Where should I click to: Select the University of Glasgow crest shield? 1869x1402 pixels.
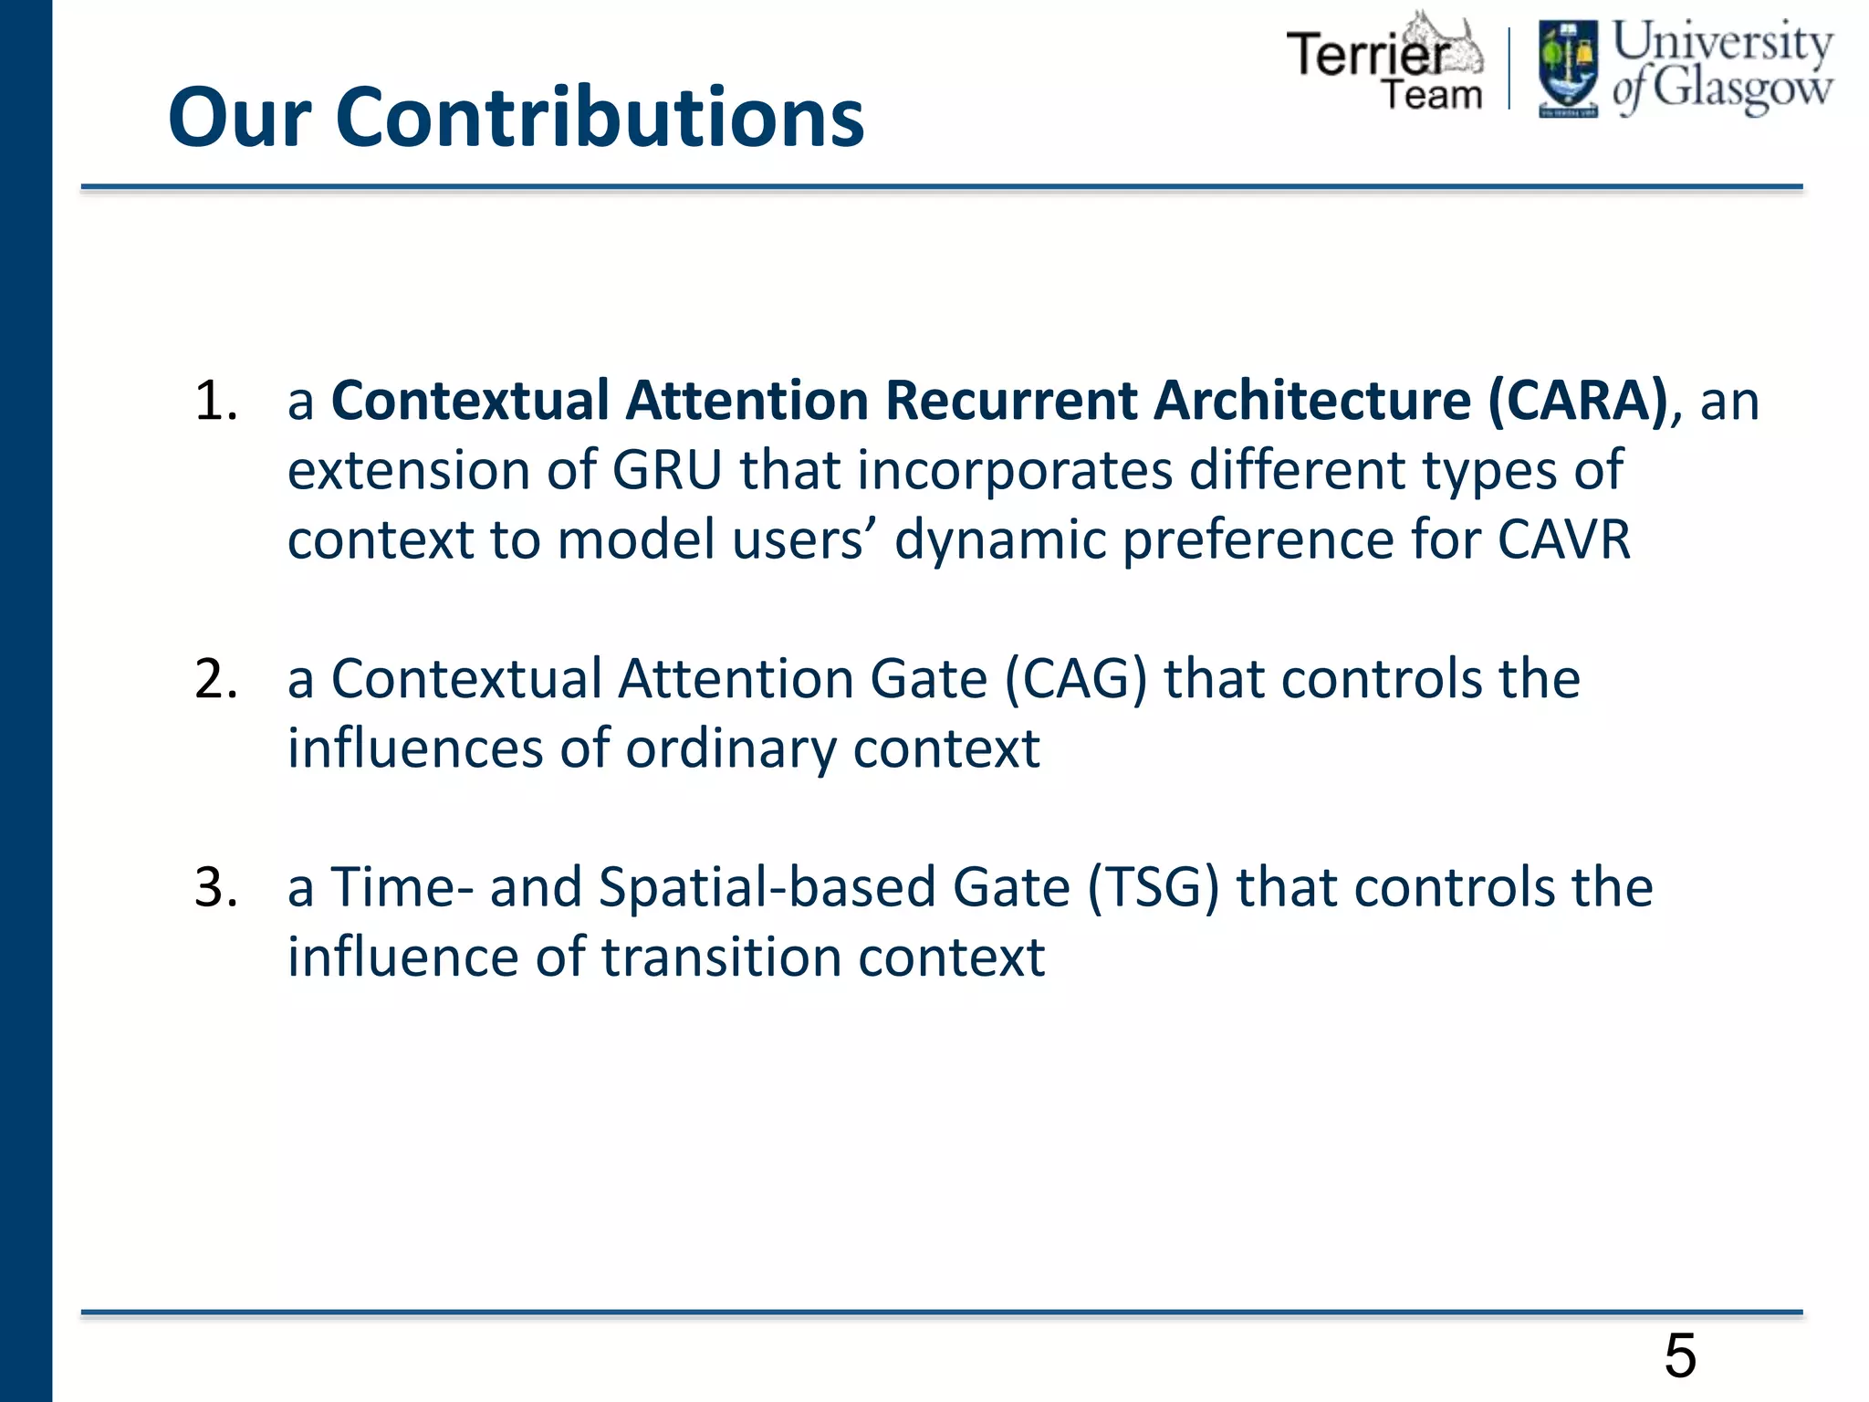tap(1568, 69)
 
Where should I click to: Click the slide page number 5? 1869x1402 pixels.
tap(1680, 1355)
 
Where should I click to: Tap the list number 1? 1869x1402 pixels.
tap(215, 401)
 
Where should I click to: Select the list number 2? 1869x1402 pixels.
tap(215, 679)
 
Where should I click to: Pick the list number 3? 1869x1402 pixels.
tap(215, 887)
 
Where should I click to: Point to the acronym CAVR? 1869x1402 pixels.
tap(1563, 539)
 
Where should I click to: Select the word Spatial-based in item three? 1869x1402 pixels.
tap(767, 887)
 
